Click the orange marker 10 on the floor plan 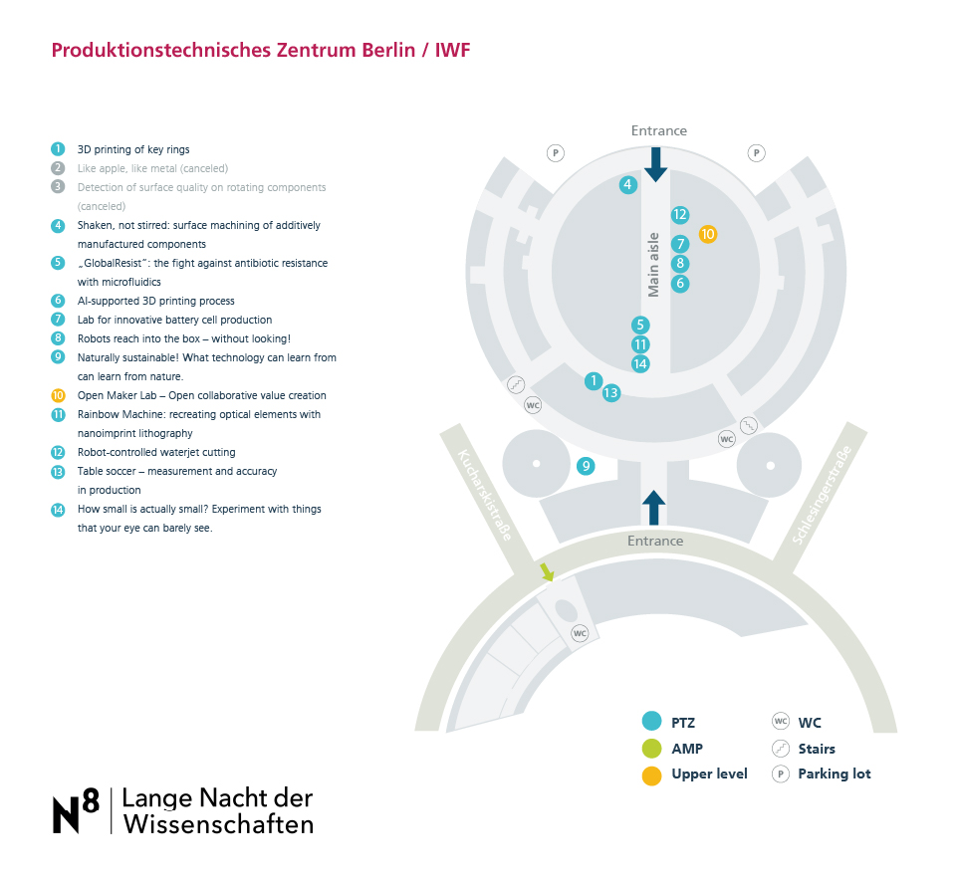[x=707, y=234]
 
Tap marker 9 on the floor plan [x=586, y=466]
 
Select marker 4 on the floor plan [x=628, y=184]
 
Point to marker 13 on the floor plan [x=610, y=393]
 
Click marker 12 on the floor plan [x=680, y=215]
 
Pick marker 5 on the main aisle [x=640, y=326]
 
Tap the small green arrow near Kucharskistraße [x=547, y=571]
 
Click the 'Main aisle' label [x=653, y=265]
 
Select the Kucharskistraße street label [x=485, y=495]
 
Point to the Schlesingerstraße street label [x=822, y=495]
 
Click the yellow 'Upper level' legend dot [x=652, y=775]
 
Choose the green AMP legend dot [x=652, y=749]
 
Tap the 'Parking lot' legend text [x=835, y=774]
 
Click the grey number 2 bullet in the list [x=58, y=168]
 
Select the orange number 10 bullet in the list [x=58, y=395]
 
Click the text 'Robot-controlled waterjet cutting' [x=156, y=452]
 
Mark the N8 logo [x=76, y=810]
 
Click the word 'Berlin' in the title [x=388, y=50]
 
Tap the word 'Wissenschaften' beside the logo [x=218, y=824]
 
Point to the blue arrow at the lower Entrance [x=653, y=508]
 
